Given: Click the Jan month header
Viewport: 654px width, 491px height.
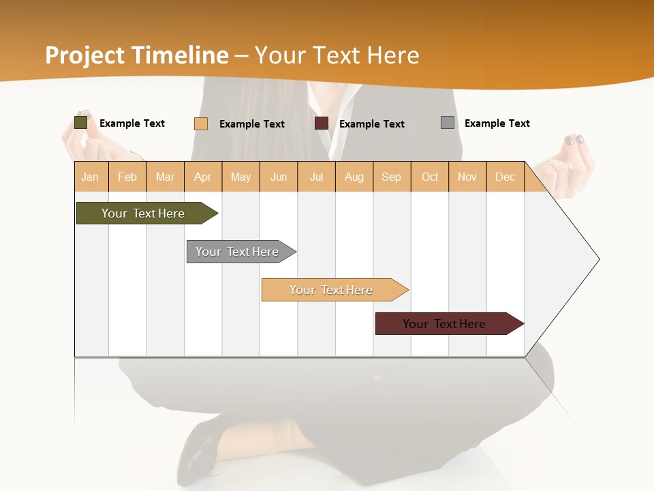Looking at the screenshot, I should point(91,177).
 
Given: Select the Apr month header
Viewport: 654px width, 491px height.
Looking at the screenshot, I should point(203,177).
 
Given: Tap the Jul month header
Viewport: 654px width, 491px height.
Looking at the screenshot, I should point(316,177).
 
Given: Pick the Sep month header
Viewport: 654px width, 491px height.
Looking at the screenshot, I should point(391,177).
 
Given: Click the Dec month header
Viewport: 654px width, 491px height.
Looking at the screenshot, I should point(505,177).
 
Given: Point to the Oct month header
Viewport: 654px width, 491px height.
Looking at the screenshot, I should point(430,177).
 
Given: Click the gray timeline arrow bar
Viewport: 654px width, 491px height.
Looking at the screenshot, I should point(238,252).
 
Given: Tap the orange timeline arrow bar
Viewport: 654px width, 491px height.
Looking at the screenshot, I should point(332,290).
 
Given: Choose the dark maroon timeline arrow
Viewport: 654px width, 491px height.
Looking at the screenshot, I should point(446,324).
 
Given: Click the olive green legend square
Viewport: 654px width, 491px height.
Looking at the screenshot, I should point(81,123).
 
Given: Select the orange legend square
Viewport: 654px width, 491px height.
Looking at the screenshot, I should point(201,123).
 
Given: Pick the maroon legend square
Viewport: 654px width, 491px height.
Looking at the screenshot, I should point(322,123).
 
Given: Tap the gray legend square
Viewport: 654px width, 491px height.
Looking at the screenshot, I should point(448,123).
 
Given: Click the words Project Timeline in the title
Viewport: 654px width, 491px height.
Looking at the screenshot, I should point(137,55).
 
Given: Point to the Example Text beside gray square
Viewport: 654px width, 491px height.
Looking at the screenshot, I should point(497,123).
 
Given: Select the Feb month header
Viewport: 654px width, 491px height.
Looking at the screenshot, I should point(127,177).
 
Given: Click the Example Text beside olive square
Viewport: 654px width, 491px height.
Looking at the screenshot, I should point(131,123).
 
